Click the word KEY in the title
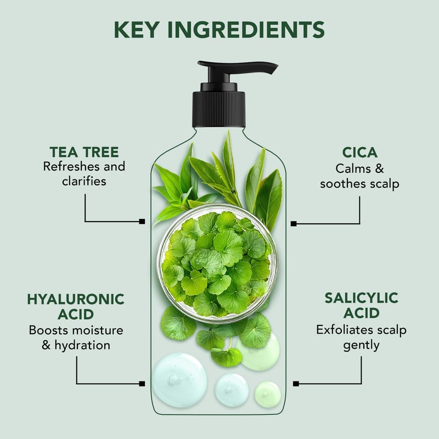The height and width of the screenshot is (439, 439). click(x=137, y=30)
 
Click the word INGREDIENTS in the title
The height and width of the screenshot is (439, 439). click(x=246, y=30)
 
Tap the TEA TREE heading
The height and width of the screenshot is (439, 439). click(x=85, y=153)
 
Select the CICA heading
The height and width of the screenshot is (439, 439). click(x=360, y=153)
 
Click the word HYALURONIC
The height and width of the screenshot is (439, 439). click(x=76, y=299)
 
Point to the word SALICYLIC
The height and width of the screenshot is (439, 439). click(x=361, y=298)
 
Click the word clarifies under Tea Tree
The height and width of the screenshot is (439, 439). click(x=84, y=181)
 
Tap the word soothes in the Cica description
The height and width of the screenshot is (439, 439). click(x=344, y=184)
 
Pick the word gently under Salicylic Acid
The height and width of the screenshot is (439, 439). click(x=361, y=346)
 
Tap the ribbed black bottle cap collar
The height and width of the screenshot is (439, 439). click(x=218, y=109)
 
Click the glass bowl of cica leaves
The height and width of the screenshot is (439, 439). click(x=217, y=263)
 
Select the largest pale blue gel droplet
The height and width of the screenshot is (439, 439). click(x=180, y=380)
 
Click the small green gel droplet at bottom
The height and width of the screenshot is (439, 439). click(x=268, y=394)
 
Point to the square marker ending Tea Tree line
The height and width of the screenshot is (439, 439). click(x=142, y=222)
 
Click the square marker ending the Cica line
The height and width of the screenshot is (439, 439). click(x=294, y=224)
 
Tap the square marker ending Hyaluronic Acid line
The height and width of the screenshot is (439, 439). click(x=142, y=384)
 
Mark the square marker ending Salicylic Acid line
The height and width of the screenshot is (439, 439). click(x=296, y=384)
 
